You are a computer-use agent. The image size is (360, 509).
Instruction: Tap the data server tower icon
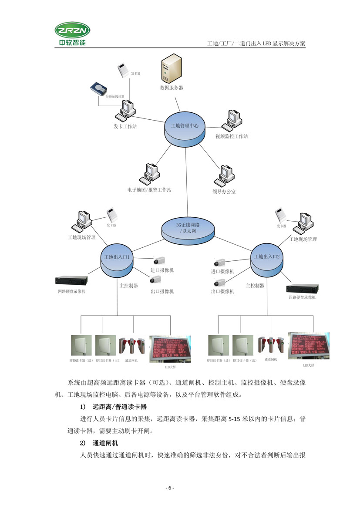point(171,67)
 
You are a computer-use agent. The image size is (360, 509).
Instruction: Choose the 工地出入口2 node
point(267,260)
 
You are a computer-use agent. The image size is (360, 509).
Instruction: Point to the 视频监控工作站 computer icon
point(231,120)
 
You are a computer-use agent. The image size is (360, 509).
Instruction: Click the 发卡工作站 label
point(125,127)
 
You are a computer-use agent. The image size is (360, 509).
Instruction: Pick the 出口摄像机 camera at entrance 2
point(218,282)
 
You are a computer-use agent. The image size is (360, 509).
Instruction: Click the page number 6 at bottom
point(170,488)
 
